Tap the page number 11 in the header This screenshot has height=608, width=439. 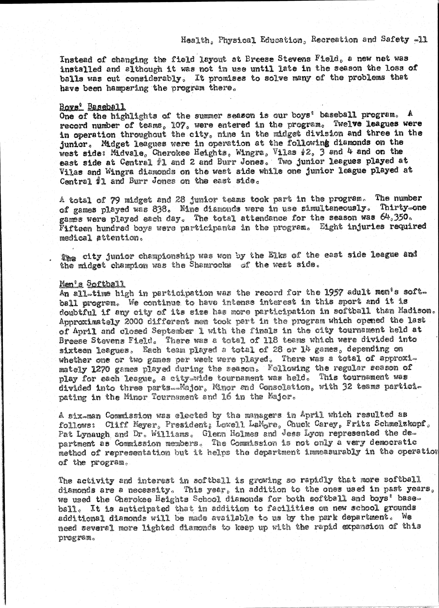[x=422, y=40]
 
